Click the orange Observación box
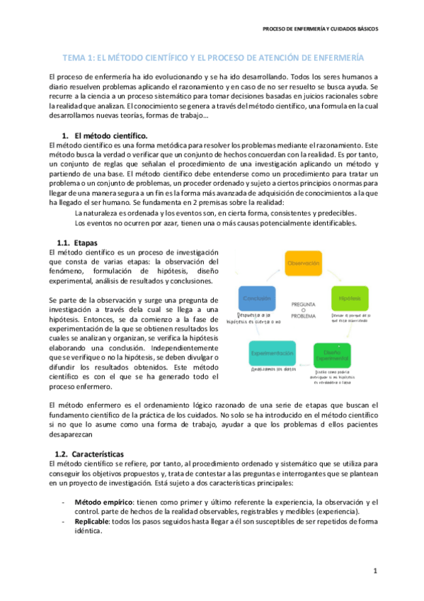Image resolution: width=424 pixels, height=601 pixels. [x=303, y=263]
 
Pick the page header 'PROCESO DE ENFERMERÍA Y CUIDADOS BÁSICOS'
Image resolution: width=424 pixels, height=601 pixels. [x=320, y=29]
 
